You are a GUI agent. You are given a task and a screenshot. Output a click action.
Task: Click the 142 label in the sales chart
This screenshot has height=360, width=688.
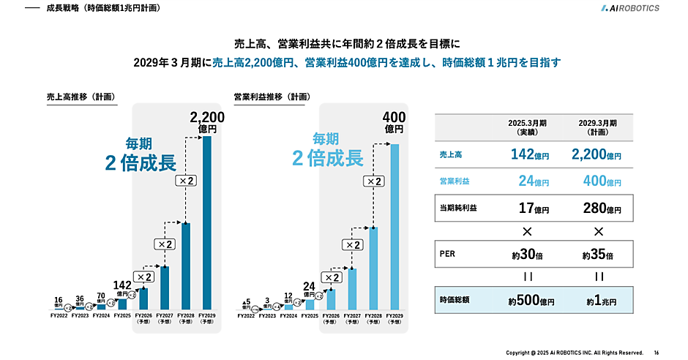121,285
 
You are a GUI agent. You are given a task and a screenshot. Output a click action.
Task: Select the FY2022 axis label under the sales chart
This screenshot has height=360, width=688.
59,315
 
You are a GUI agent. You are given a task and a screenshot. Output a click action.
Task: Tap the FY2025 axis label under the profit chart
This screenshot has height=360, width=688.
310,315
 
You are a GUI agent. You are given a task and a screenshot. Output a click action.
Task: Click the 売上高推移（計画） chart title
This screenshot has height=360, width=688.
81,96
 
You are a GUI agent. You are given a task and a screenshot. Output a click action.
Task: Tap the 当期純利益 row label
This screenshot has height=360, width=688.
457,208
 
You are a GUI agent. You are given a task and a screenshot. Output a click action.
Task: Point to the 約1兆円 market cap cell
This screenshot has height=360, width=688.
598,301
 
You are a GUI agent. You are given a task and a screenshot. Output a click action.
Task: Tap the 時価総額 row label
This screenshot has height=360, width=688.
455,301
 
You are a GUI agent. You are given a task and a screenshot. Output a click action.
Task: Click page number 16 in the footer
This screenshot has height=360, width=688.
656,353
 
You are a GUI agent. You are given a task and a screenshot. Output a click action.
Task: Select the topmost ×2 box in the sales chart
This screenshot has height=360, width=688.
186,180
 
